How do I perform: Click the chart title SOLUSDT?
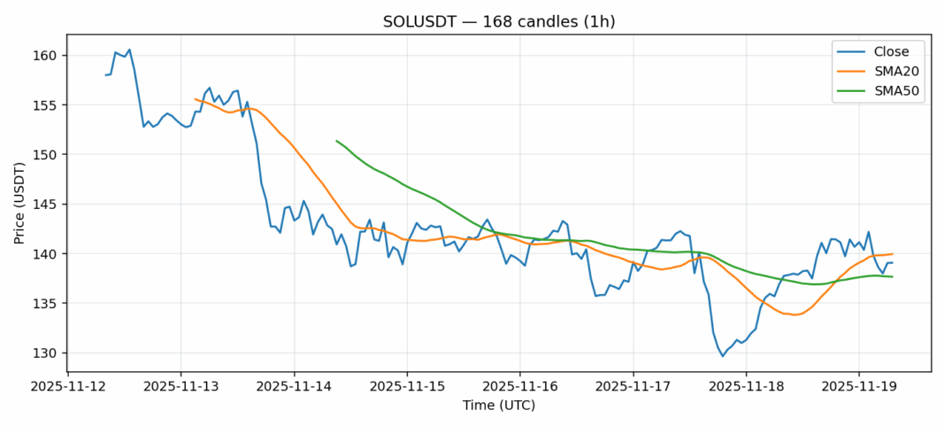472,21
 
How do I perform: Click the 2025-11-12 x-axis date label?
67,387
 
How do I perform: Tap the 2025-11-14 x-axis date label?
294,387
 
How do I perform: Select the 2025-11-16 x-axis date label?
520,387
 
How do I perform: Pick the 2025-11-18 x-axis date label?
746,387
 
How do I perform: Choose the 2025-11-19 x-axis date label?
859,387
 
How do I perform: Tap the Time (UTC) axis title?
498,406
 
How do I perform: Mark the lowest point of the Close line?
722,356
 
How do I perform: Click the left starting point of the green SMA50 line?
336,140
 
